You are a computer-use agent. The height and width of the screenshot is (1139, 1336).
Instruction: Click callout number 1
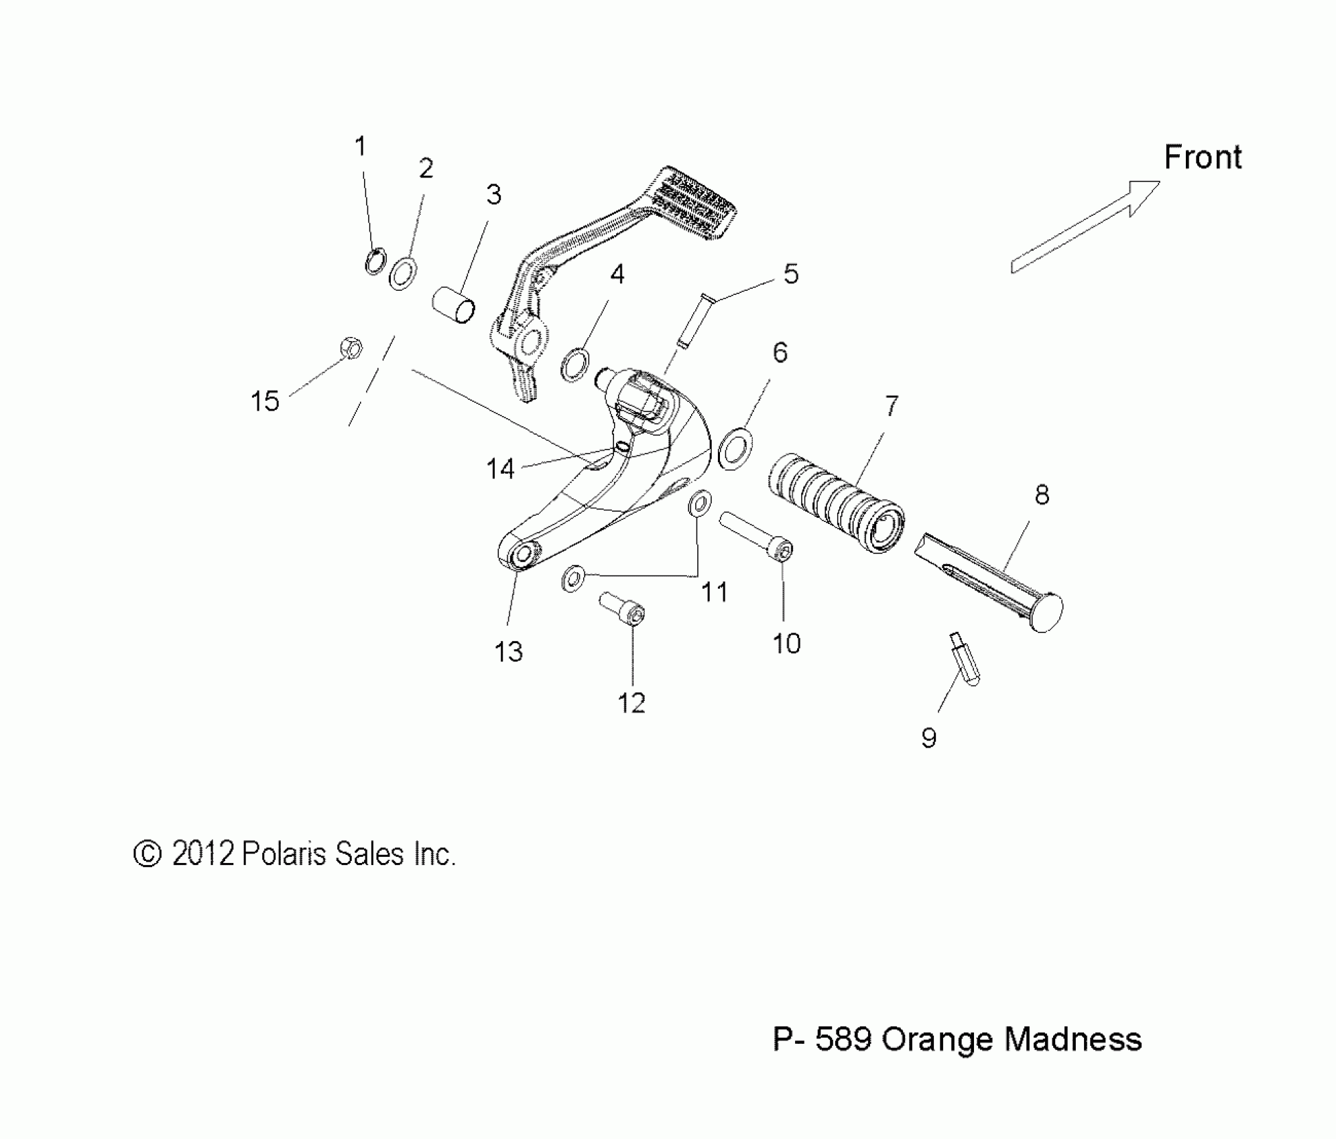[x=361, y=146]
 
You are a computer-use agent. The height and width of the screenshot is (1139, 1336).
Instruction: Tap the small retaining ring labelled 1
[x=375, y=261]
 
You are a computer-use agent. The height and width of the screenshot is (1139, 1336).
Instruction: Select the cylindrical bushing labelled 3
[x=453, y=304]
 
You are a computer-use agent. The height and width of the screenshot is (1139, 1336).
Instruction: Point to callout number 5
[x=791, y=274]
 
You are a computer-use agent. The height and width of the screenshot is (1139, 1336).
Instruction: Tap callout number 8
[x=1041, y=495]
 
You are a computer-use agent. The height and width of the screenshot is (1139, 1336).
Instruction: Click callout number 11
[x=715, y=592]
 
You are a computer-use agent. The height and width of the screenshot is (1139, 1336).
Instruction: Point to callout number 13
[x=508, y=651]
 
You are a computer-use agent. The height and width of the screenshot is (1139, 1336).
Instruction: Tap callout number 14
[x=500, y=469]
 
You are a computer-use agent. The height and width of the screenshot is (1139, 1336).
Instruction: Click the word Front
[x=1203, y=157]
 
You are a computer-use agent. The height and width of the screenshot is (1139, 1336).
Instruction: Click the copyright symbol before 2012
[x=147, y=854]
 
